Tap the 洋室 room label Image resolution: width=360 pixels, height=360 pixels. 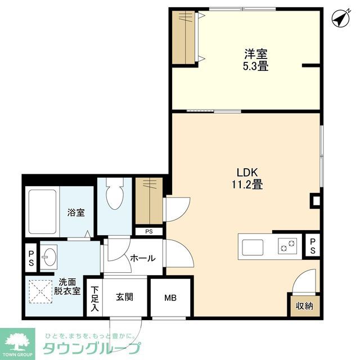[x=255, y=55]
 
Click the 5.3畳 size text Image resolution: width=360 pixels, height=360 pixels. [x=255, y=66]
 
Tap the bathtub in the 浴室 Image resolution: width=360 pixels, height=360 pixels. [x=42, y=213]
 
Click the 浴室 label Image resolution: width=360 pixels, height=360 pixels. [x=76, y=213]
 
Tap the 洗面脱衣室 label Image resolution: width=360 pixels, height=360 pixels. [x=67, y=286]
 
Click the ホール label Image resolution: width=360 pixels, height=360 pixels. [x=143, y=258]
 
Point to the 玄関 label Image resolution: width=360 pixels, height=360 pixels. [x=124, y=297]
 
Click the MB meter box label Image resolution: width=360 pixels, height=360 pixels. [x=170, y=298]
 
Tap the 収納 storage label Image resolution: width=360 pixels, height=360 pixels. [x=304, y=306]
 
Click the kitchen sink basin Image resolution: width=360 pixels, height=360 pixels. [x=253, y=246]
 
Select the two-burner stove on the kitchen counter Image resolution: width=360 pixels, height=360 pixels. [x=287, y=245]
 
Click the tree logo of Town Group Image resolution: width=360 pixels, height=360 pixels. [x=17, y=341]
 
